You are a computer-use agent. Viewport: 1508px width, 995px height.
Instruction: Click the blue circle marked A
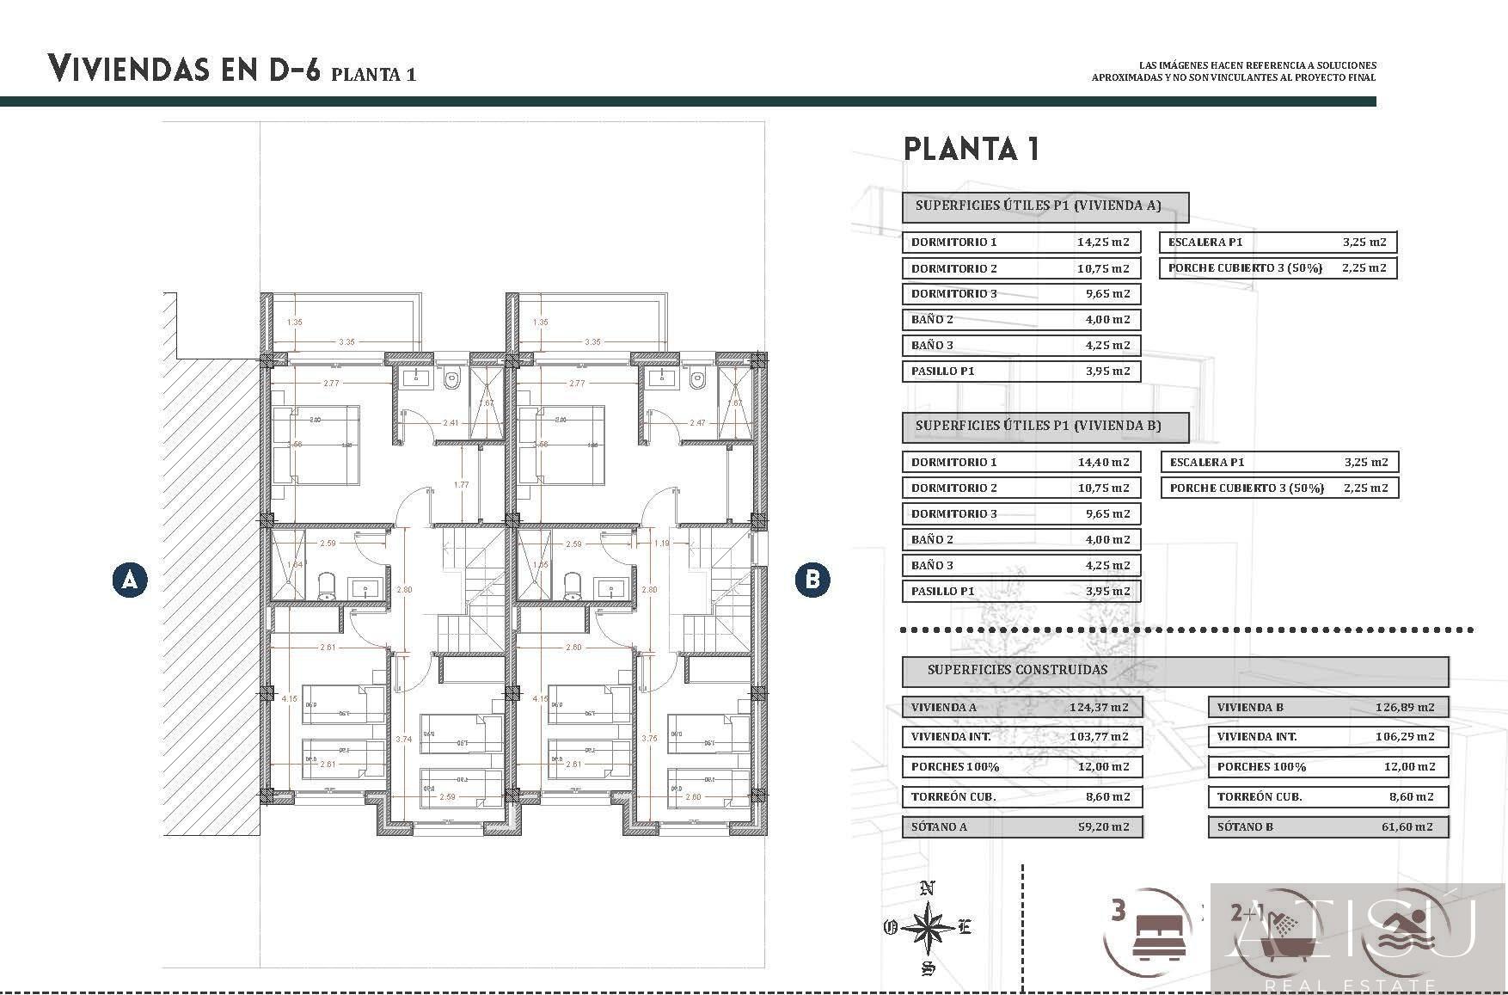130,580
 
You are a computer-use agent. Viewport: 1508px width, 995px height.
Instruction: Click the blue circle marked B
812,580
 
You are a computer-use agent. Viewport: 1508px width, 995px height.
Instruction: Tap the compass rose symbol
928,928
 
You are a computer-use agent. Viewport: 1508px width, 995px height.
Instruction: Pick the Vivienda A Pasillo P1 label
942,372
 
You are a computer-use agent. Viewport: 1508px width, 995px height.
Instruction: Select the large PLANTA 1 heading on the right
972,149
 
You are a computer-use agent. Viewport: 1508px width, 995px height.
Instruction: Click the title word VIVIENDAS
128,68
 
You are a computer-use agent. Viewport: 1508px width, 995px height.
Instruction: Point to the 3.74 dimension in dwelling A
403,739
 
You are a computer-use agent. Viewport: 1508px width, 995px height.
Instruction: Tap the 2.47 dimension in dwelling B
697,422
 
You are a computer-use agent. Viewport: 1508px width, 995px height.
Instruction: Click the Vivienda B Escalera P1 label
1206,462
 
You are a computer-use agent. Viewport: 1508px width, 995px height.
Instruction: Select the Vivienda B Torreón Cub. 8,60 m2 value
1411,796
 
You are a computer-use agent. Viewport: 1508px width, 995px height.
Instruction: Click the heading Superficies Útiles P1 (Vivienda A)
1038,206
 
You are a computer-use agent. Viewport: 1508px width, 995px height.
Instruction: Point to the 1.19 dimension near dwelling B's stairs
661,544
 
